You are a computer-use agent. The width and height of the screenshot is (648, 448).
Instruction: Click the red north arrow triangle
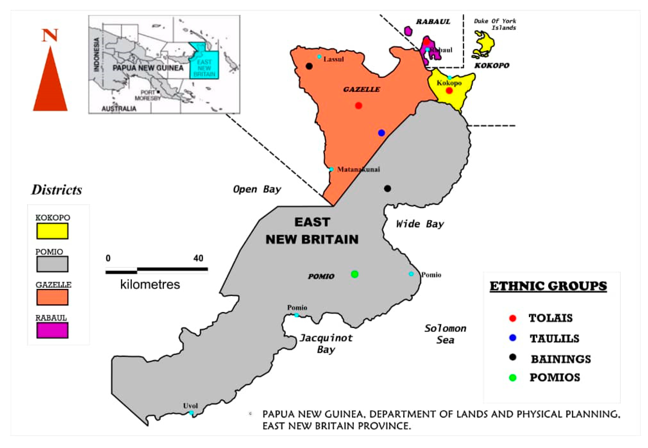(x=50, y=84)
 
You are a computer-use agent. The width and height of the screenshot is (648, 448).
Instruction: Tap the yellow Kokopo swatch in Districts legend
(x=52, y=231)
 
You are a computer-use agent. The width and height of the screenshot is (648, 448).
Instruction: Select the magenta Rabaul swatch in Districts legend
(x=52, y=330)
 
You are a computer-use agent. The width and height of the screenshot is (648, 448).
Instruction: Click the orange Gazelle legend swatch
(x=52, y=297)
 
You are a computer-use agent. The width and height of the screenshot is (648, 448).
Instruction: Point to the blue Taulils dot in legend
(x=512, y=338)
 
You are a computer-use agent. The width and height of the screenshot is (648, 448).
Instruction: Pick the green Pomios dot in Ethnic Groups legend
(x=512, y=378)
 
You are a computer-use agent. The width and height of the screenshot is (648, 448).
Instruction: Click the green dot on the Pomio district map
(x=355, y=274)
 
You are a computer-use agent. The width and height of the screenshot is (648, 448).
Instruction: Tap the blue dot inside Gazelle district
(x=381, y=133)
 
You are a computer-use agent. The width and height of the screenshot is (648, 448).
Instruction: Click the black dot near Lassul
(x=309, y=66)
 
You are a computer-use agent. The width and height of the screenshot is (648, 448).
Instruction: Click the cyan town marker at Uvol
(x=191, y=413)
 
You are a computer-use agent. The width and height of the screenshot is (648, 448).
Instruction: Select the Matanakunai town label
(x=358, y=169)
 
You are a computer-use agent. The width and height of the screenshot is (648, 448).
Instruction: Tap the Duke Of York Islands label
(x=495, y=24)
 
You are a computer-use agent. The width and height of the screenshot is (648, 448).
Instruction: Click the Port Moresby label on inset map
(x=148, y=95)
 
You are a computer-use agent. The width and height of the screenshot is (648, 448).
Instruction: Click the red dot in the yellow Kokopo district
(x=449, y=91)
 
